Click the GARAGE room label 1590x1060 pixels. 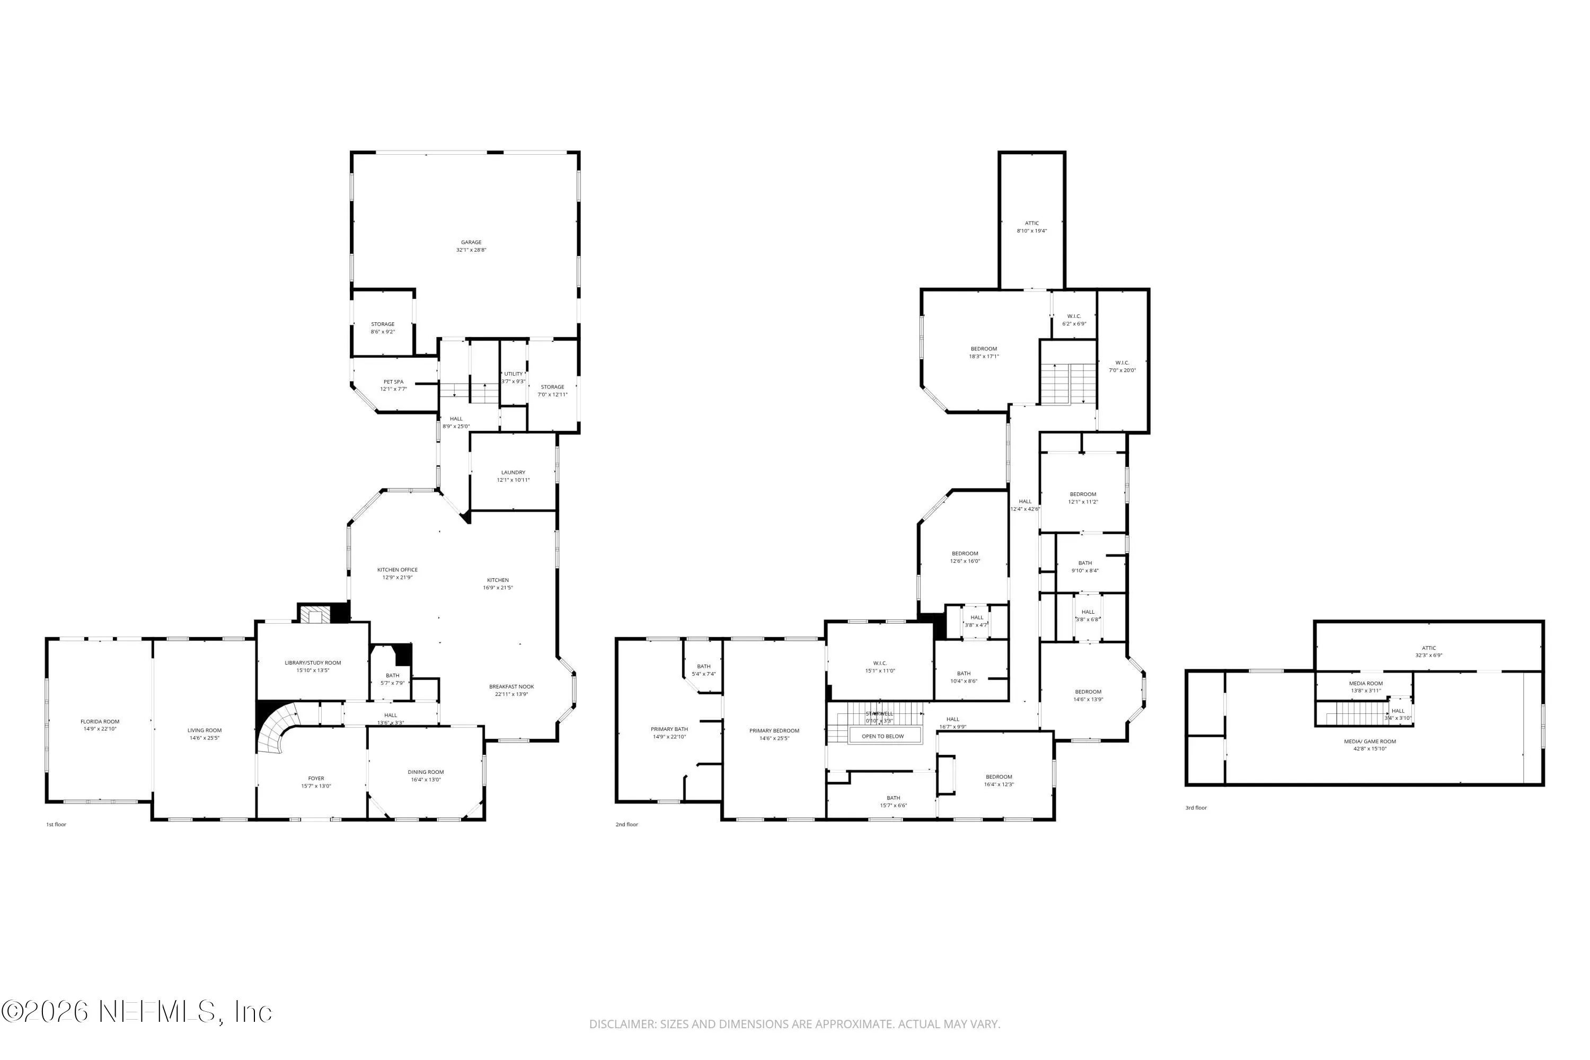pyautogui.click(x=471, y=243)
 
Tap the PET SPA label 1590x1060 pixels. pyautogui.click(x=393, y=382)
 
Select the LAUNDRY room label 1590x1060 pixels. pyautogui.click(x=513, y=473)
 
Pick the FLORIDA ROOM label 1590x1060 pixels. pyautogui.click(x=100, y=722)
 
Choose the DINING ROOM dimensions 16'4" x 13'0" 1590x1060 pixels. pyautogui.click(x=426, y=780)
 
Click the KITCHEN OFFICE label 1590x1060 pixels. pyautogui.click(x=397, y=570)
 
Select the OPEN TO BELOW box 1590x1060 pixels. pyautogui.click(x=882, y=736)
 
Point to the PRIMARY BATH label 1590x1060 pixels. pyautogui.click(x=669, y=729)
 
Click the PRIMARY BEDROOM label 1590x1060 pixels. pyautogui.click(x=774, y=731)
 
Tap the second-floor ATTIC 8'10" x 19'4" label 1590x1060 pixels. pyautogui.click(x=1031, y=224)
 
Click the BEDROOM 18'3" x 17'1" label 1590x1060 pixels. pyautogui.click(x=984, y=349)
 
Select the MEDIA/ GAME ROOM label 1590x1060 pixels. pyautogui.click(x=1370, y=741)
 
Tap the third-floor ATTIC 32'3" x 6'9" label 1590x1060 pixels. pyautogui.click(x=1428, y=648)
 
